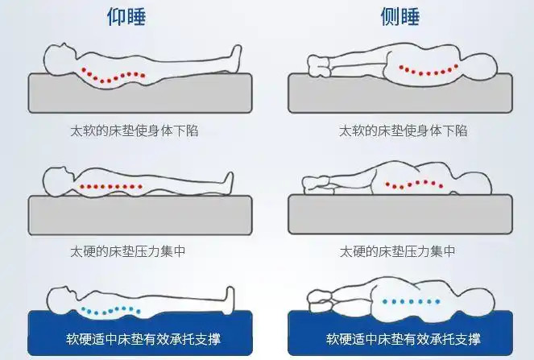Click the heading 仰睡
point(126,17)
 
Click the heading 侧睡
point(399,17)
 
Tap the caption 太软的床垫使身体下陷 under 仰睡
point(135,130)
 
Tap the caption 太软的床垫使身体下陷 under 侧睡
point(403,130)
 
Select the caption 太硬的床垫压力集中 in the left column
point(128,251)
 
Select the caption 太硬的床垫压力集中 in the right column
point(397,251)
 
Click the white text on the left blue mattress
point(143,339)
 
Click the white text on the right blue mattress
point(404,339)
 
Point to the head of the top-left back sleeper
point(59,60)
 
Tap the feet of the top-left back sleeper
point(236,56)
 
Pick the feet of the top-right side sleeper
point(319,66)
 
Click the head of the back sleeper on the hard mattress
point(58,181)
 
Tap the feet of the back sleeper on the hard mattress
point(228,183)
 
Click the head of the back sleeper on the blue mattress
point(61,300)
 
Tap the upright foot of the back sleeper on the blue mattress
point(230,299)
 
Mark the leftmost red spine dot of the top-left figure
point(84,69)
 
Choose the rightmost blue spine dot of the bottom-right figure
point(437,301)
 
